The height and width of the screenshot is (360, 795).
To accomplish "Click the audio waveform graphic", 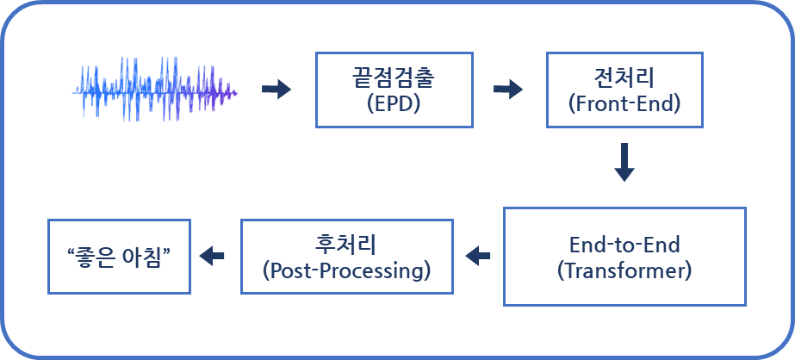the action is click(x=155, y=90).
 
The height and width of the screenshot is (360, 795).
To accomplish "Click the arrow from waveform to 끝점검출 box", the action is click(x=276, y=90).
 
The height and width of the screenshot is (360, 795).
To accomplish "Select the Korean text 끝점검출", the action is click(x=394, y=78).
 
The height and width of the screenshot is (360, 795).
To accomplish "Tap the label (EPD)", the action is click(x=394, y=103).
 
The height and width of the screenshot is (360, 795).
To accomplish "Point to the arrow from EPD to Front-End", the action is click(x=508, y=90).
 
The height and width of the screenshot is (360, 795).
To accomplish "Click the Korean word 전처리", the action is click(x=624, y=78).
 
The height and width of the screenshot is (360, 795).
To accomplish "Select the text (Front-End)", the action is click(x=624, y=103).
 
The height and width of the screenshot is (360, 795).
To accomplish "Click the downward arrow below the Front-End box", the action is click(x=624, y=162).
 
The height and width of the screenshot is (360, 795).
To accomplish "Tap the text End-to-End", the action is click(x=624, y=245).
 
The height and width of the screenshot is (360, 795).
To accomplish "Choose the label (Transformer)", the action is click(x=624, y=271).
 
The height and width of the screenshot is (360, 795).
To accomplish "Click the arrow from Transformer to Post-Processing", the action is click(x=478, y=256).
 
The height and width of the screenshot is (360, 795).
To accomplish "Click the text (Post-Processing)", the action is click(x=347, y=271).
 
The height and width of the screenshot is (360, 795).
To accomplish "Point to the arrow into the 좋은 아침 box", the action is click(x=211, y=256).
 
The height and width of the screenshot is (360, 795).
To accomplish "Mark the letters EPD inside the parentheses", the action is click(x=394, y=103).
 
